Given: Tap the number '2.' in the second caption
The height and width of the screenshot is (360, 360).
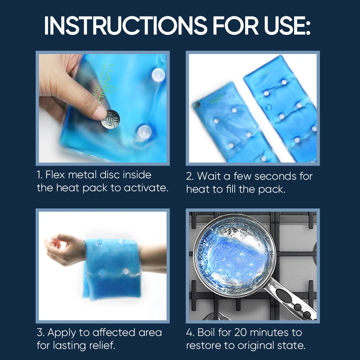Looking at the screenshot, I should [190, 176].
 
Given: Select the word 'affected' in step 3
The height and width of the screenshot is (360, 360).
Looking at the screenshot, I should [116, 332].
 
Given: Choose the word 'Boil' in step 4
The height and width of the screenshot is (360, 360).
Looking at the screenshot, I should [207, 332].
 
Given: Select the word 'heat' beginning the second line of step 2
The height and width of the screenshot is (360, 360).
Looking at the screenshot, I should [198, 189].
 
